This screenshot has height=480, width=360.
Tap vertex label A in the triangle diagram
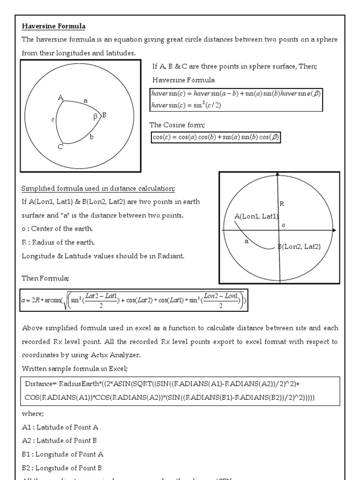click(x=60, y=97)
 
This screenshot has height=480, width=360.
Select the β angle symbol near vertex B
click(x=95, y=118)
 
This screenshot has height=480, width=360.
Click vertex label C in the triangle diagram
click(x=60, y=147)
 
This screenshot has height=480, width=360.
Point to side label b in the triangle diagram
click(x=92, y=136)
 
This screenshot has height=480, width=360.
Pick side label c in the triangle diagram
click(x=53, y=120)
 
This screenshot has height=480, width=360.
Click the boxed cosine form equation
click(x=216, y=137)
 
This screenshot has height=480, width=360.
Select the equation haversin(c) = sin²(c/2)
click(x=187, y=105)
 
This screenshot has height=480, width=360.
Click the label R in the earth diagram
click(x=282, y=203)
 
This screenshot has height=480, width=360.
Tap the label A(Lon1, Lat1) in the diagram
click(x=256, y=216)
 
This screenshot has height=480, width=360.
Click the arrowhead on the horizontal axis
click(x=334, y=230)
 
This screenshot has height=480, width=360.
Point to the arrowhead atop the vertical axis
click(x=278, y=174)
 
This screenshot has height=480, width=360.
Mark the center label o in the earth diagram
click(x=283, y=225)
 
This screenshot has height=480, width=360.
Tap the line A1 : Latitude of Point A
click(x=60, y=427)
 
